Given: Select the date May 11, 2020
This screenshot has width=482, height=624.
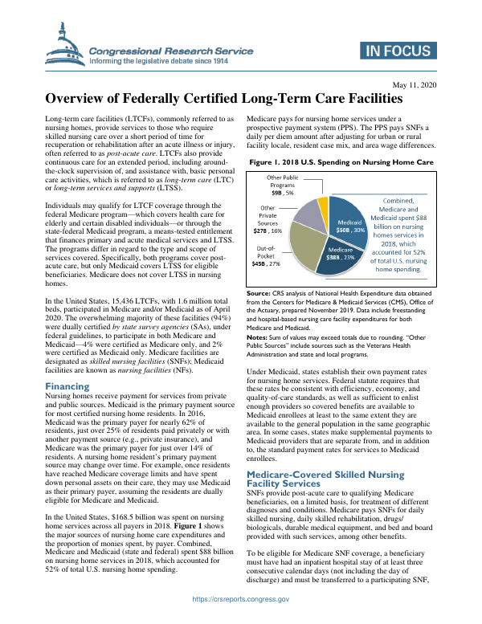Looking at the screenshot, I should click(x=413, y=84).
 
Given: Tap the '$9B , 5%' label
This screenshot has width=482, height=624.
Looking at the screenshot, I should click(x=282, y=193).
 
